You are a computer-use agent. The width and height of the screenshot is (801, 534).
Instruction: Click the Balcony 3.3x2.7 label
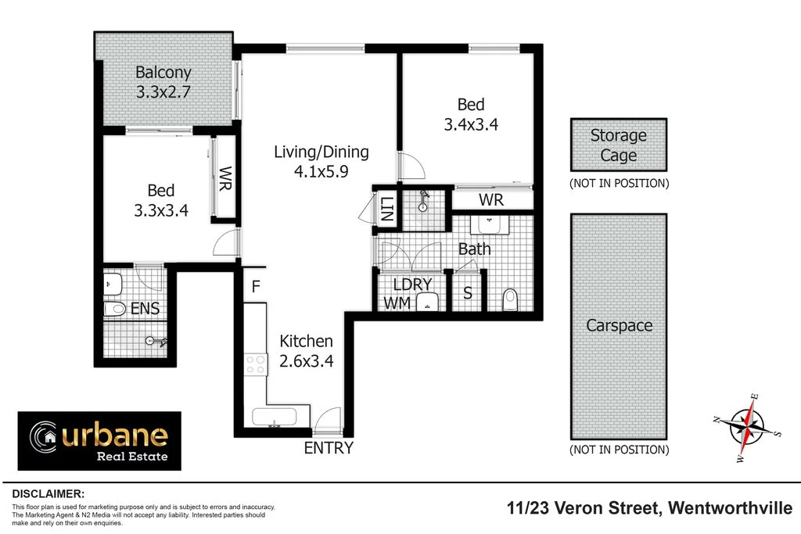pyautogui.click(x=163, y=82)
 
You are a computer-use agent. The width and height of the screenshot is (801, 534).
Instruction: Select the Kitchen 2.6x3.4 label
pyautogui.click(x=307, y=351)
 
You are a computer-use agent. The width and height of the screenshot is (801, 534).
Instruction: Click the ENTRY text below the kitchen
pyautogui.click(x=329, y=448)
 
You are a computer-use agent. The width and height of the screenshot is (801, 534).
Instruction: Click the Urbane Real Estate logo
pyautogui.click(x=99, y=441)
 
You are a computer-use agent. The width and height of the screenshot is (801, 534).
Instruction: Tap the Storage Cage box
pyautogui.click(x=618, y=145)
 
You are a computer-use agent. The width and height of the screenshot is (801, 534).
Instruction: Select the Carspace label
pyautogui.click(x=620, y=325)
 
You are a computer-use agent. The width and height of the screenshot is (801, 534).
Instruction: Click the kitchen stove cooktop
pyautogui.click(x=256, y=364)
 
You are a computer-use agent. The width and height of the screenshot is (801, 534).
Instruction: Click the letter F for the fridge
pyautogui.click(x=255, y=287)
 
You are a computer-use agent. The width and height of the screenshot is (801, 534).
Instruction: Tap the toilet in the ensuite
pyautogui.click(x=115, y=310)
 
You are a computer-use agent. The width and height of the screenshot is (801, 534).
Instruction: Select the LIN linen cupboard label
pyautogui.click(x=385, y=209)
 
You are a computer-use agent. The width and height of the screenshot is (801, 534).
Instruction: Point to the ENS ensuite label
pyautogui.click(x=145, y=309)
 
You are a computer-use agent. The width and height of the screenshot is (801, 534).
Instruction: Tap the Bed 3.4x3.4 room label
pyautogui.click(x=471, y=114)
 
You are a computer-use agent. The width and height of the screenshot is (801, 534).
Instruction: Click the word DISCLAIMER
pyautogui.click(x=48, y=494)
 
